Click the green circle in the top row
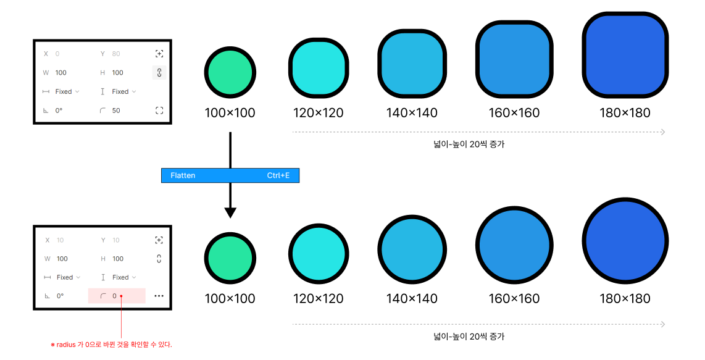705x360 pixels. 230,72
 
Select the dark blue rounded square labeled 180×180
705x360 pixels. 625,55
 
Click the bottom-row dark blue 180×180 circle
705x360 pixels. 625,240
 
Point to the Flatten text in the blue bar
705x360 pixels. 183,176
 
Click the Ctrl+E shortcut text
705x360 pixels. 278,176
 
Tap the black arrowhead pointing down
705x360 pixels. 230,212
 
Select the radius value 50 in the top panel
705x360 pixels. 116,111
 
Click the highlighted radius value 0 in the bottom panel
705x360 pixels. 115,296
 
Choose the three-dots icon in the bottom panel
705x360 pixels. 159,296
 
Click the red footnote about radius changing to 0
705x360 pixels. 111,345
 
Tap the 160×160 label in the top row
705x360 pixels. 514,113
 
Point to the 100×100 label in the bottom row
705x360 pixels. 230,299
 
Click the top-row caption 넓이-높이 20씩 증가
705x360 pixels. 469,144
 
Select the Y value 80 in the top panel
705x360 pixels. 116,54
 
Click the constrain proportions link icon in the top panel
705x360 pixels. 159,73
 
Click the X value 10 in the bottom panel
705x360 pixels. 59,240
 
